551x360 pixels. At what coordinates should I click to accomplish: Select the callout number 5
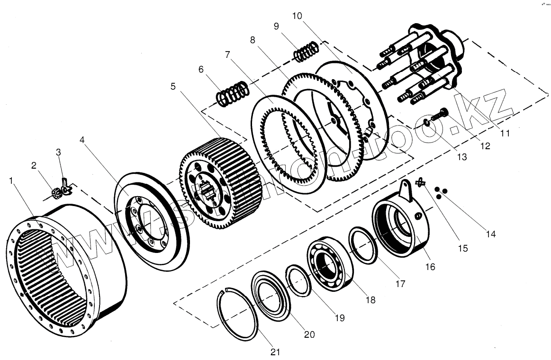173,86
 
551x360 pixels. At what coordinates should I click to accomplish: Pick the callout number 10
297,16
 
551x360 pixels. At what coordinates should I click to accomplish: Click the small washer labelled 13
427,124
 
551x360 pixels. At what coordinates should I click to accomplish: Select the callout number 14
491,234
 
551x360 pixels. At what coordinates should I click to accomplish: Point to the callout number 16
430,267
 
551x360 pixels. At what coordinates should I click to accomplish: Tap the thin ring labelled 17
362,244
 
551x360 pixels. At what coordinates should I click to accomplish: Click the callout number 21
275,352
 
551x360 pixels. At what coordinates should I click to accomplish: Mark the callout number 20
309,334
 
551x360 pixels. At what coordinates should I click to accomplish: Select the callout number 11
505,133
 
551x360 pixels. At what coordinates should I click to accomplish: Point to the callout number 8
253,40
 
